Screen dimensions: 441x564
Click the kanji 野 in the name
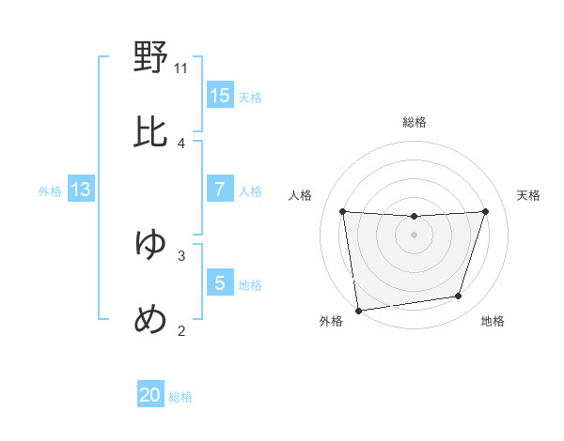(x=151, y=58)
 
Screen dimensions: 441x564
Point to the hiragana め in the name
(x=151, y=319)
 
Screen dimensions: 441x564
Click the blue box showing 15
(x=220, y=95)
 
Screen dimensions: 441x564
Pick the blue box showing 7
(x=220, y=190)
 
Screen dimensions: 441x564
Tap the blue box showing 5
(x=220, y=282)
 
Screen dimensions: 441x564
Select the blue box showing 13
(x=81, y=190)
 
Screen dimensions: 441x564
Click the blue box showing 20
(x=150, y=395)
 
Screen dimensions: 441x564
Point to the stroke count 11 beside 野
(x=181, y=68)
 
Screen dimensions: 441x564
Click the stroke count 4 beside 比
(x=181, y=143)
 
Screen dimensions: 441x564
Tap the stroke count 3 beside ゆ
(x=181, y=254)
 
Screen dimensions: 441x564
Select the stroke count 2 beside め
(x=181, y=329)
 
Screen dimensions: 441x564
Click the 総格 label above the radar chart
(x=415, y=122)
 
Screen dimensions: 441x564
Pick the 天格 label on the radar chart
(x=529, y=195)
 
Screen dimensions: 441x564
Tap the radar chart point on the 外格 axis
(x=358, y=310)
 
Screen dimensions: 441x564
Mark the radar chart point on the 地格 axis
(x=459, y=297)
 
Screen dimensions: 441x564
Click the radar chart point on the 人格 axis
(x=343, y=211)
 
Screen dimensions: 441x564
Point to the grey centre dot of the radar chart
(x=414, y=235)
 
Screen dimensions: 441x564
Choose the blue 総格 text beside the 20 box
(x=180, y=397)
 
